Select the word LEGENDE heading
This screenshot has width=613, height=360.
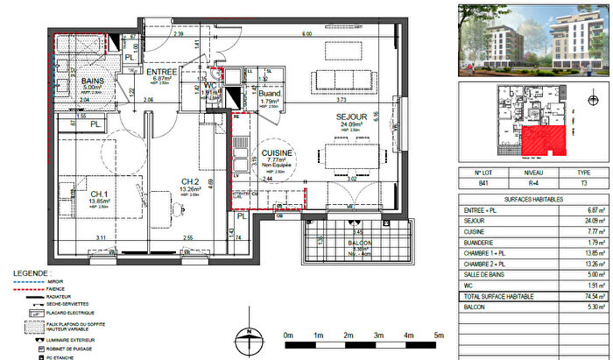coord(31,272)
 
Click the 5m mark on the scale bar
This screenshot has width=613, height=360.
coord(437,335)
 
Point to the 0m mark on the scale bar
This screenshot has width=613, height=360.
coord(288,335)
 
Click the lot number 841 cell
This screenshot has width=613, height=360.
coord(478,185)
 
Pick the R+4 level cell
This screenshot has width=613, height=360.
coord(532,185)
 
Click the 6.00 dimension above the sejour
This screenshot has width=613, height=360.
coord(306,34)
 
